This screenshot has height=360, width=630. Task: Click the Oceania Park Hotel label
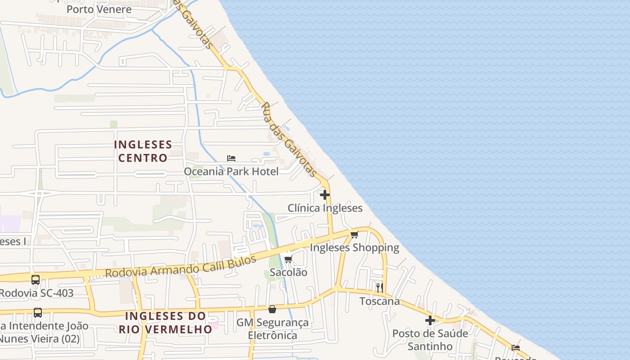[x=231, y=171]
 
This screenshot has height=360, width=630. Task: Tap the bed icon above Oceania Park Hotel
[x=231, y=158]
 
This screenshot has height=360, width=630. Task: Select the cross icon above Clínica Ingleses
[x=324, y=195]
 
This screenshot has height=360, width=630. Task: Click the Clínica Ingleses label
[x=325, y=208]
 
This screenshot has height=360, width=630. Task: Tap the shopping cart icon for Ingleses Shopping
[x=354, y=234]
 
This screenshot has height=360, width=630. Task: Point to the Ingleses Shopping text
[x=354, y=247]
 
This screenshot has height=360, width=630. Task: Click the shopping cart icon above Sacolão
[x=288, y=259]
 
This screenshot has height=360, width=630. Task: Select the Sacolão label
[x=288, y=272]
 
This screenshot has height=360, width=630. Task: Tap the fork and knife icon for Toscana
[x=380, y=288]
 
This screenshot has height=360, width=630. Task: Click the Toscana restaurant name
[x=379, y=301]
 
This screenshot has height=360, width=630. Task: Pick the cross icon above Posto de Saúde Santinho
[x=430, y=320]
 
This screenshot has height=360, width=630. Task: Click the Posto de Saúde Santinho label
[x=430, y=340]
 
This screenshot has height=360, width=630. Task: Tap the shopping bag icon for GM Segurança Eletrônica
[x=272, y=309]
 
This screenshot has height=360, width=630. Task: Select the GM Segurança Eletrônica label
[x=273, y=329]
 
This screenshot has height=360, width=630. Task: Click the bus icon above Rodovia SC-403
[x=36, y=280]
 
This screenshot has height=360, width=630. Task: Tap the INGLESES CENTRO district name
[x=143, y=151]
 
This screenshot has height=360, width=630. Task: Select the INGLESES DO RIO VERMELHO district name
[x=165, y=322]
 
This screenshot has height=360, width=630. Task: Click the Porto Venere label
[x=99, y=9]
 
